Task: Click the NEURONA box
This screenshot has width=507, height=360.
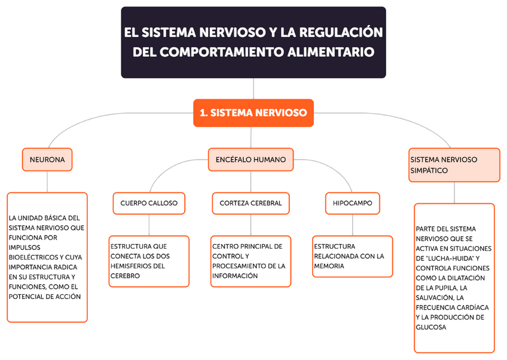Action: tap(47, 160)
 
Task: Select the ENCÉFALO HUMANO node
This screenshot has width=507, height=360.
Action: tap(251, 160)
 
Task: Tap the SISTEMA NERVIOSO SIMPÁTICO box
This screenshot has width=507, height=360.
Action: tap(454, 164)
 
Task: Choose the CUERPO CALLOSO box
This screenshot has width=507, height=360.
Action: tap(149, 203)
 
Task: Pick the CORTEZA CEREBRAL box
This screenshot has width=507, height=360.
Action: tap(251, 203)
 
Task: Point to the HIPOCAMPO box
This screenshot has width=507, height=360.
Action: tap(352, 203)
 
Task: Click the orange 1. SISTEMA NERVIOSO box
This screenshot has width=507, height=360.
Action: tap(253, 112)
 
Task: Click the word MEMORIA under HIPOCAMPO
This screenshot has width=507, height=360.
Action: tap(329, 266)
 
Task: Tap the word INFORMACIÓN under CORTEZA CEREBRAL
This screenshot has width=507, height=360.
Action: tap(235, 276)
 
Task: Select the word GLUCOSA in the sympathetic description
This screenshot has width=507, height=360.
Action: tap(431, 327)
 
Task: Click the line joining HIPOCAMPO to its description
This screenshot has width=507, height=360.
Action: tap(352, 225)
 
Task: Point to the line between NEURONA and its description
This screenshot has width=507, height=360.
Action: tap(47, 182)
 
